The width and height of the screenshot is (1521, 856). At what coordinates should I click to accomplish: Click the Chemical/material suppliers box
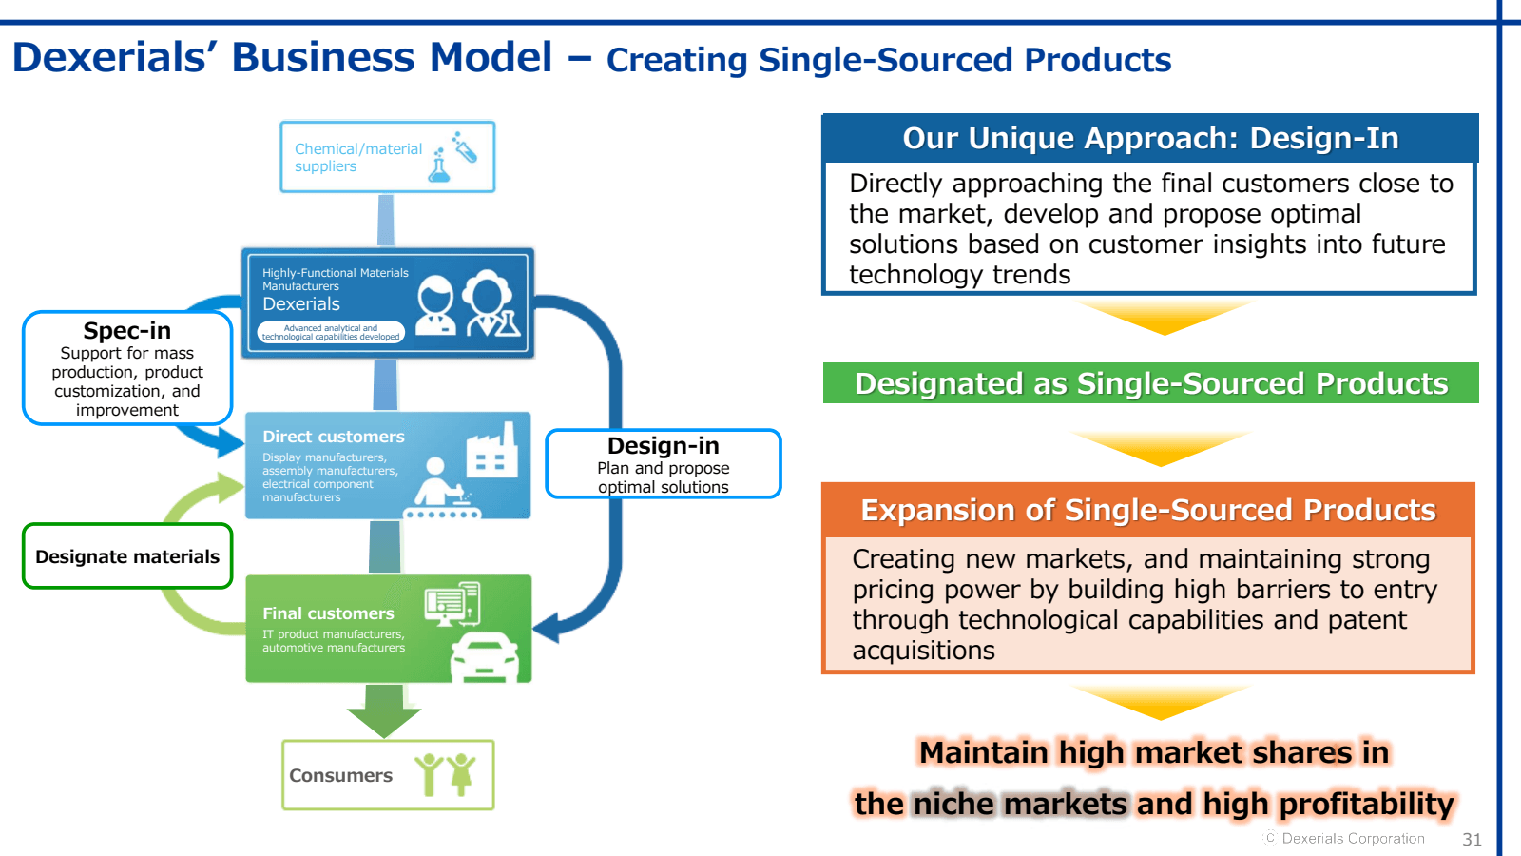tap(387, 157)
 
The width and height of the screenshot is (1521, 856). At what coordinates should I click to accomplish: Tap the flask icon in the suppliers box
tap(440, 166)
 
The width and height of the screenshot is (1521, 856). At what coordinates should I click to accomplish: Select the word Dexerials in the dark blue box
tap(301, 304)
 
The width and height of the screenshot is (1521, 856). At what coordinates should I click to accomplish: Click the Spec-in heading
tap(127, 331)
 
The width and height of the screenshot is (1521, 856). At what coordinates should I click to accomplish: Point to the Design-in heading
tap(664, 446)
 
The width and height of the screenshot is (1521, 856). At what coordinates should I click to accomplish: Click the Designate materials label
tap(127, 556)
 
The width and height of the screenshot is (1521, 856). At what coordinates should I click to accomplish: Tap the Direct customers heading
tap(334, 437)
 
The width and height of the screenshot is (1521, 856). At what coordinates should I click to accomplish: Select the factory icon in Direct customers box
tap(491, 452)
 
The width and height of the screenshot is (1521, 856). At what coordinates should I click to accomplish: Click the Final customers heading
tap(328, 613)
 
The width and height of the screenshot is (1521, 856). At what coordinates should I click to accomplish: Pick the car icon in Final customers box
tap(485, 657)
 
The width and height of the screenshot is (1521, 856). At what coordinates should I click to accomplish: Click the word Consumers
tap(340, 775)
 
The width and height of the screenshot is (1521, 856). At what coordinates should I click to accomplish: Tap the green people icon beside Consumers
tap(445, 773)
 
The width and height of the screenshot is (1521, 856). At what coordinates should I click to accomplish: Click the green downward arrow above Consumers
tap(384, 711)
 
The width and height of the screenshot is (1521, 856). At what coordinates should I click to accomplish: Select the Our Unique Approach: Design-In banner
tap(1150, 138)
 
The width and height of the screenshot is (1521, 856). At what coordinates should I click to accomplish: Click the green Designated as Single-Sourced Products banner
tap(1150, 383)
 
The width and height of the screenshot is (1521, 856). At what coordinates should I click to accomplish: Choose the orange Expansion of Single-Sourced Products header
tap(1148, 510)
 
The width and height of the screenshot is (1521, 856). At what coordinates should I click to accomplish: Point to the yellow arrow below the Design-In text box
tap(1164, 318)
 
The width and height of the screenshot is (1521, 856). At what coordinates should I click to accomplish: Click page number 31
tap(1472, 839)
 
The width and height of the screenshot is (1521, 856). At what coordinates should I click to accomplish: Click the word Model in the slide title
tap(491, 57)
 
